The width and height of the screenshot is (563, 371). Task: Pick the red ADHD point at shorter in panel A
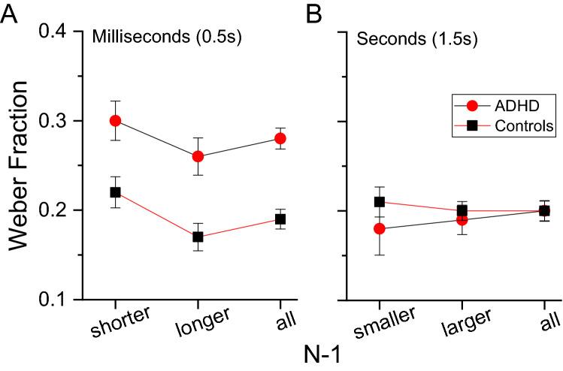pyautogui.click(x=115, y=121)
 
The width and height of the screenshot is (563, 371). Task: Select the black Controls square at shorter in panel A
pyautogui.click(x=115, y=192)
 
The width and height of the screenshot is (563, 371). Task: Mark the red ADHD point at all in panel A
pyautogui.click(x=280, y=138)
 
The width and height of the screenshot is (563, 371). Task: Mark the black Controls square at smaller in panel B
pyautogui.click(x=380, y=201)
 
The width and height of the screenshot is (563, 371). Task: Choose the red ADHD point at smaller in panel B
pyautogui.click(x=380, y=228)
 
